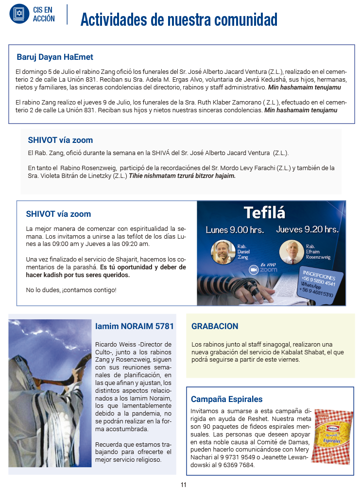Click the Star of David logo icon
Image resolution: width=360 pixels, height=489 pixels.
(x=19, y=14)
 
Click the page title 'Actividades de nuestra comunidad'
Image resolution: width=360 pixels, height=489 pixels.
(x=179, y=19)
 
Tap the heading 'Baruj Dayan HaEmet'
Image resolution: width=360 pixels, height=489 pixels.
(x=55, y=57)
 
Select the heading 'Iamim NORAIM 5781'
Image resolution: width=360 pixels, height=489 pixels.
(x=135, y=326)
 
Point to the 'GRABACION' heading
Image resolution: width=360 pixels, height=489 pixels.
(x=215, y=326)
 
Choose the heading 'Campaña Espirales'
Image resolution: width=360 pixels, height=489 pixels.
(x=227, y=399)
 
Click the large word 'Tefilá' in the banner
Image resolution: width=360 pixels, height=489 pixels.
(x=264, y=212)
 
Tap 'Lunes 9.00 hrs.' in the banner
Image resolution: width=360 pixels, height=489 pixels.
(x=234, y=229)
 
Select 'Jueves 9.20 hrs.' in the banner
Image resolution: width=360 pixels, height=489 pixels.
(x=307, y=229)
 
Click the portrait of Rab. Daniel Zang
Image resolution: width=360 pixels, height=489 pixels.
(x=223, y=251)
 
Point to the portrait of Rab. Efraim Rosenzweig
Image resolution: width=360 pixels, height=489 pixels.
(x=291, y=252)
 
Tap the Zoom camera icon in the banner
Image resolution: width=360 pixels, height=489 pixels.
(x=253, y=269)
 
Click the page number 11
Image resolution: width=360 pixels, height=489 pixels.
(x=184, y=484)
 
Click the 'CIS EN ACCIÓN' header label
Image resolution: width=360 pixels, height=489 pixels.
(x=44, y=15)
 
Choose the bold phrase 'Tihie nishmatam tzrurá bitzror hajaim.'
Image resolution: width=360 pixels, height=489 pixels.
(x=182, y=175)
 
